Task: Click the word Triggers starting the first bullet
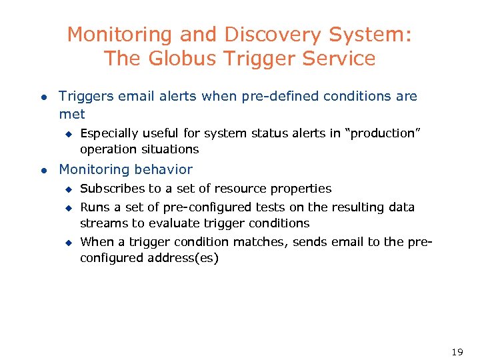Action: [x=86, y=96]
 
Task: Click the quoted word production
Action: [x=379, y=133]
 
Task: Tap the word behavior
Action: [x=161, y=169]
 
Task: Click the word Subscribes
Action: [x=111, y=189]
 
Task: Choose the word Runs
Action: [x=94, y=207]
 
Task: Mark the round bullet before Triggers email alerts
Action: [x=44, y=97]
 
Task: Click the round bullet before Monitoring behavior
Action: [x=44, y=170]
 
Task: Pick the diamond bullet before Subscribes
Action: [x=67, y=189]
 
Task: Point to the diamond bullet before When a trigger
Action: [x=67, y=243]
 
